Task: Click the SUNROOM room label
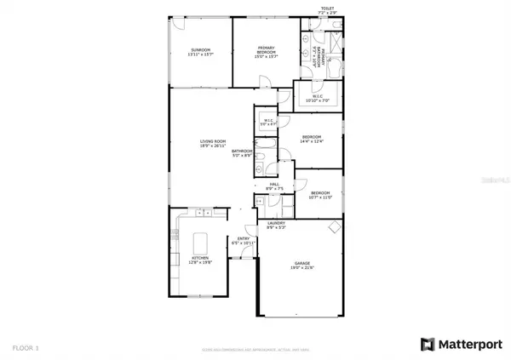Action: coord(200,51)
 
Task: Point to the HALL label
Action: coord(275,186)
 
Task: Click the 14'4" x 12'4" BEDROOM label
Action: coord(312,139)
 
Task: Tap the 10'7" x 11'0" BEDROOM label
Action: coord(319,195)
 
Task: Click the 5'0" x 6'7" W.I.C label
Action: coord(267,122)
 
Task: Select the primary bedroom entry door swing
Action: coord(265,83)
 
